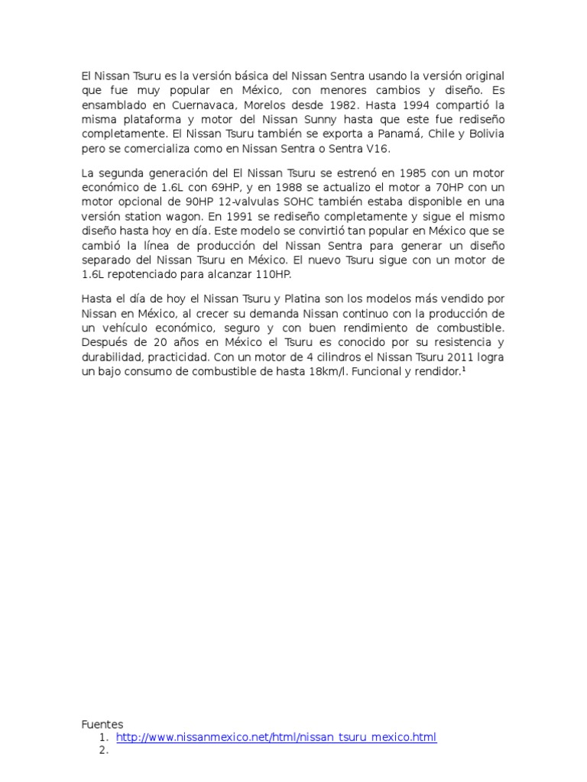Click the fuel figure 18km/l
[353, 373]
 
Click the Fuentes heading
[102, 724]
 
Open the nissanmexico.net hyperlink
[276, 738]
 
